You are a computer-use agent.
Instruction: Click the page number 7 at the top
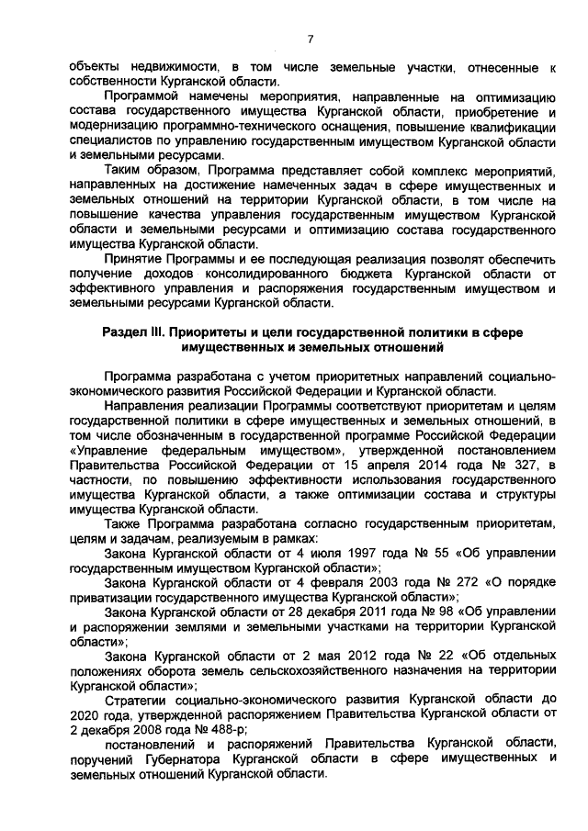coord(310,39)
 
